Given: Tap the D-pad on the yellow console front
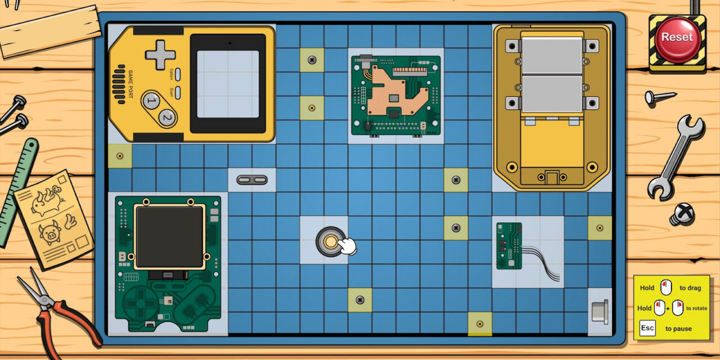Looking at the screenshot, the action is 160,55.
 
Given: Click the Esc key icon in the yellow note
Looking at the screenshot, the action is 647,328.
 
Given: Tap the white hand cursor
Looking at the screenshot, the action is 348,246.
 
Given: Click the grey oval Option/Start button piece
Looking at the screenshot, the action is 252,179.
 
